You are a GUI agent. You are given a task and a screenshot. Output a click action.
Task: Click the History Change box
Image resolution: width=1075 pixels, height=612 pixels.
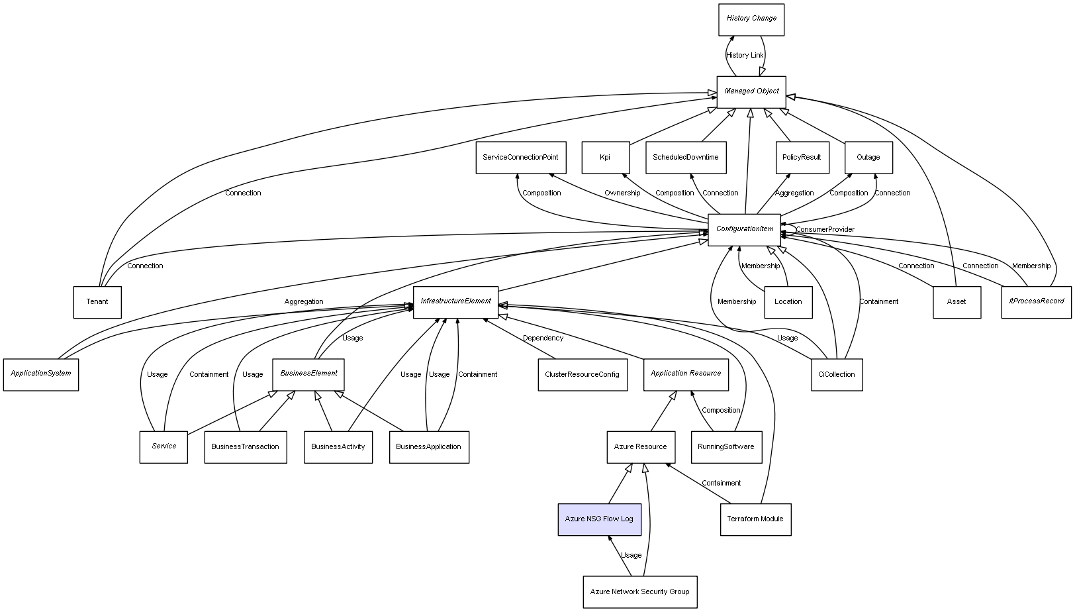751,19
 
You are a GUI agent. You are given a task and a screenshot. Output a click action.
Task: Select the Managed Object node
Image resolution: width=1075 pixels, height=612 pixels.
751,91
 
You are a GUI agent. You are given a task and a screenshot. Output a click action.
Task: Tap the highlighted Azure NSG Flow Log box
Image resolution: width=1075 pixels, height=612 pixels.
599,519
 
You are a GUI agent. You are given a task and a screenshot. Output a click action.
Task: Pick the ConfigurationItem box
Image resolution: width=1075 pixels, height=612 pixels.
745,230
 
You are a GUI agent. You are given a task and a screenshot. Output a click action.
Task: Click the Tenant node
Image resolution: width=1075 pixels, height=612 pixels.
97,302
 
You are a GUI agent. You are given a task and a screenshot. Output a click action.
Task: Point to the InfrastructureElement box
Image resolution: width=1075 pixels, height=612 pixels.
456,302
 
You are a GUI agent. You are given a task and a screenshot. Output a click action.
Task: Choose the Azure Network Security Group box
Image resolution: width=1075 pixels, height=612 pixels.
639,592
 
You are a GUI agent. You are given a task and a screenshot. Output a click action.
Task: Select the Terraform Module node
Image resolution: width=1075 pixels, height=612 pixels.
755,519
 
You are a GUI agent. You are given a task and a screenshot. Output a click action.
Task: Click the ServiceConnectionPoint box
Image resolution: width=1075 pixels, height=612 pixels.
520,158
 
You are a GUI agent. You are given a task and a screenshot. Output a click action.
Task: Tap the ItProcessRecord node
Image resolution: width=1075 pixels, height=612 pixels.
1037,302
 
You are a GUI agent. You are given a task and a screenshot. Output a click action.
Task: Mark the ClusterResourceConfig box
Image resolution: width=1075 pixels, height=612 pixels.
583,375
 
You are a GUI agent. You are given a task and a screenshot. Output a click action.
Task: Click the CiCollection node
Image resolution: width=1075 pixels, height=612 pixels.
837,375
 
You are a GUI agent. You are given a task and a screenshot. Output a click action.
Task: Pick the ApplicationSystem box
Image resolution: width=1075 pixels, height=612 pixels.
41,374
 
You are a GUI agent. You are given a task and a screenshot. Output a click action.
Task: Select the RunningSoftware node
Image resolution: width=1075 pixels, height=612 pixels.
726,447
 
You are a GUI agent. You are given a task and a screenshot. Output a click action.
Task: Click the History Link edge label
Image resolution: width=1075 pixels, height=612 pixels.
745,56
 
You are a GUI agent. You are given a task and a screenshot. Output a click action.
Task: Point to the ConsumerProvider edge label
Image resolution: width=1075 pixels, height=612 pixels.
825,230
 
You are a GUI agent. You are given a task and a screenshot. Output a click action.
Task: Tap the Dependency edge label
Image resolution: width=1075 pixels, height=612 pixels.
543,338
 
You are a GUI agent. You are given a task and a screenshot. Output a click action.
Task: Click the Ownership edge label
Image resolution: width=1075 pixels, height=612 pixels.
622,193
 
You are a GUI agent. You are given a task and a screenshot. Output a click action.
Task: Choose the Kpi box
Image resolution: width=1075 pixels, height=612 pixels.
605,158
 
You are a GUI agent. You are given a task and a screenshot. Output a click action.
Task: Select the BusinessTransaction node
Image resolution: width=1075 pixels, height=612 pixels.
246,447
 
